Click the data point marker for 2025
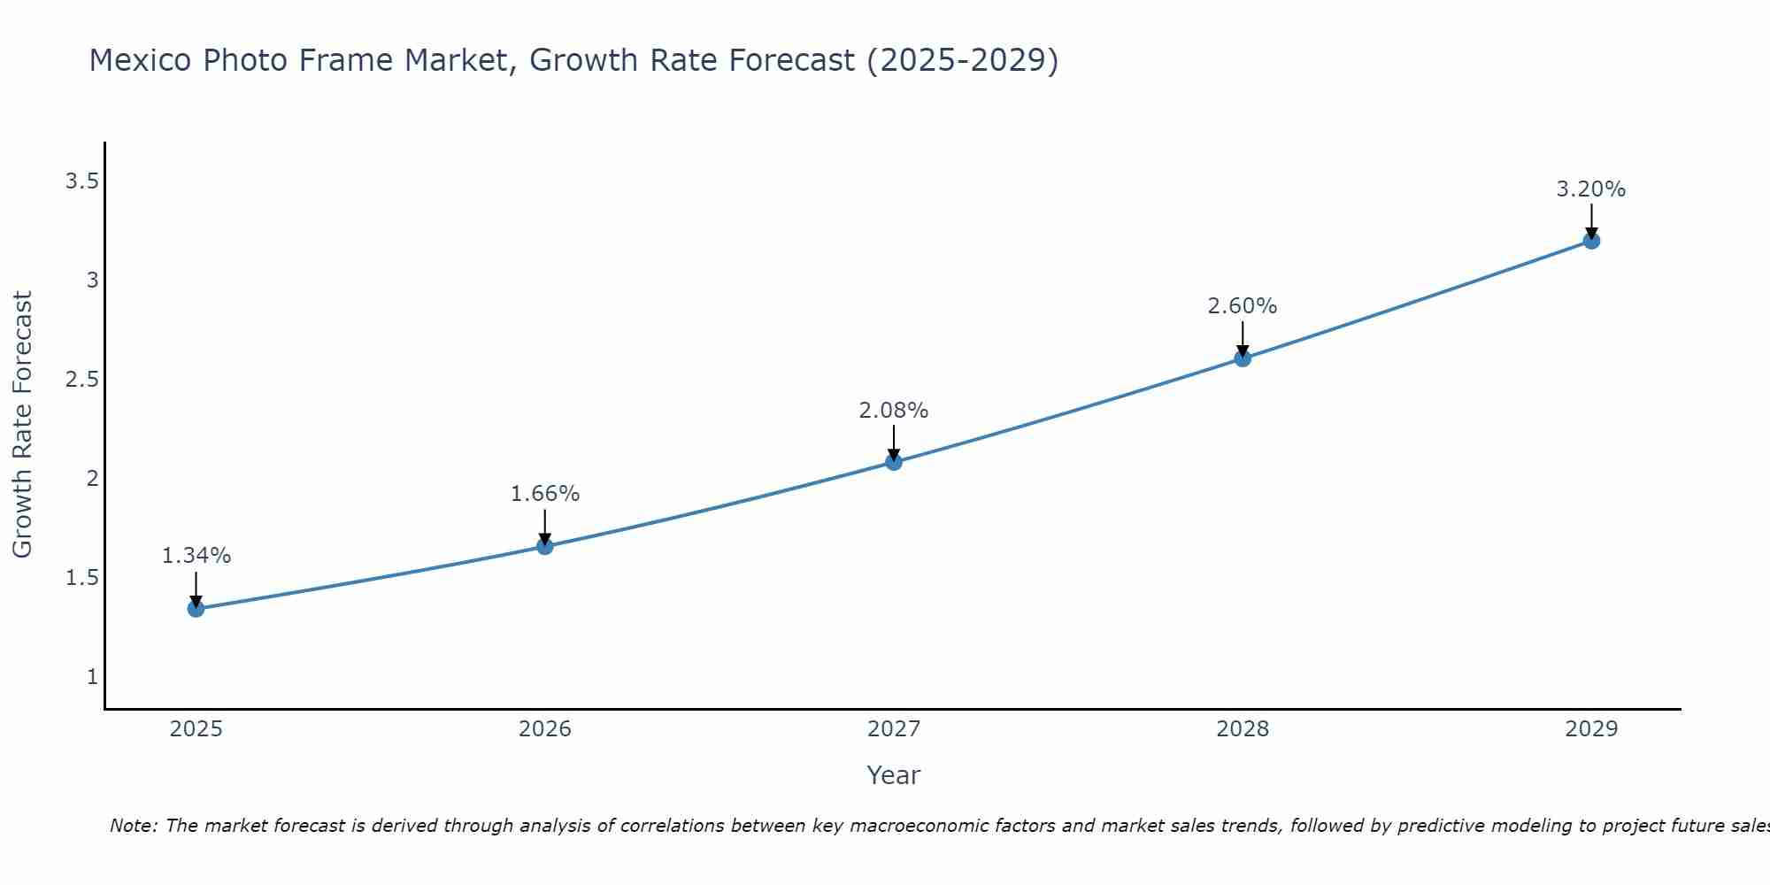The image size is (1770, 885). click(x=196, y=609)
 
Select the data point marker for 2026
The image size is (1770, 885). click(x=545, y=546)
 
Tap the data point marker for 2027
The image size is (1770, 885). click(x=894, y=462)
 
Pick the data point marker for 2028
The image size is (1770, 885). click(x=1243, y=358)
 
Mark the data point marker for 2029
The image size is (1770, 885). click(x=1591, y=241)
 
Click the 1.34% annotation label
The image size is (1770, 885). click(x=196, y=556)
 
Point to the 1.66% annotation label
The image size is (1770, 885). click(x=545, y=494)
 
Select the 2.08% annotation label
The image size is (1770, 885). click(x=894, y=411)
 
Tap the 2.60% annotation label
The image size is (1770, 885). click(x=1243, y=306)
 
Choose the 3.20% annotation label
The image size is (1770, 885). click(x=1591, y=189)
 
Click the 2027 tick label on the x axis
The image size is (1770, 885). click(x=894, y=729)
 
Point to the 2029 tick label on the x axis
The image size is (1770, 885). click(x=1591, y=729)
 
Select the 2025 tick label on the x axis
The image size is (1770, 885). click(x=196, y=729)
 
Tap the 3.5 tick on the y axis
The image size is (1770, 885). click(x=81, y=181)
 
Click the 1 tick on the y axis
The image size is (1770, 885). click(x=92, y=677)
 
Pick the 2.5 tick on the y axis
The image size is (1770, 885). click(x=81, y=380)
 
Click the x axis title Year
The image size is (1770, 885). click(x=894, y=775)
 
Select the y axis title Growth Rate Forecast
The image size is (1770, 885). click(x=22, y=425)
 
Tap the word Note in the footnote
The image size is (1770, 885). click(x=133, y=826)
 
